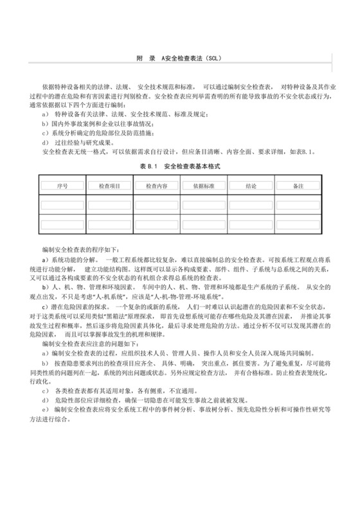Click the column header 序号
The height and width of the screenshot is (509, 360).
(x=62, y=186)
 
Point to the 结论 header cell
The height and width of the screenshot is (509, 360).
(x=251, y=186)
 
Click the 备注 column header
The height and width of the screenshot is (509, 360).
(x=298, y=186)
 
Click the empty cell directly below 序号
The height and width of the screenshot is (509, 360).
(x=62, y=205)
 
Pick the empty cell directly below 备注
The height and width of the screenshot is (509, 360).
(x=298, y=205)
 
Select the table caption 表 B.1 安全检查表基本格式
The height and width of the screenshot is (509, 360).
(x=180, y=165)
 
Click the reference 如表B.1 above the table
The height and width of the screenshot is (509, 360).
(x=301, y=152)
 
